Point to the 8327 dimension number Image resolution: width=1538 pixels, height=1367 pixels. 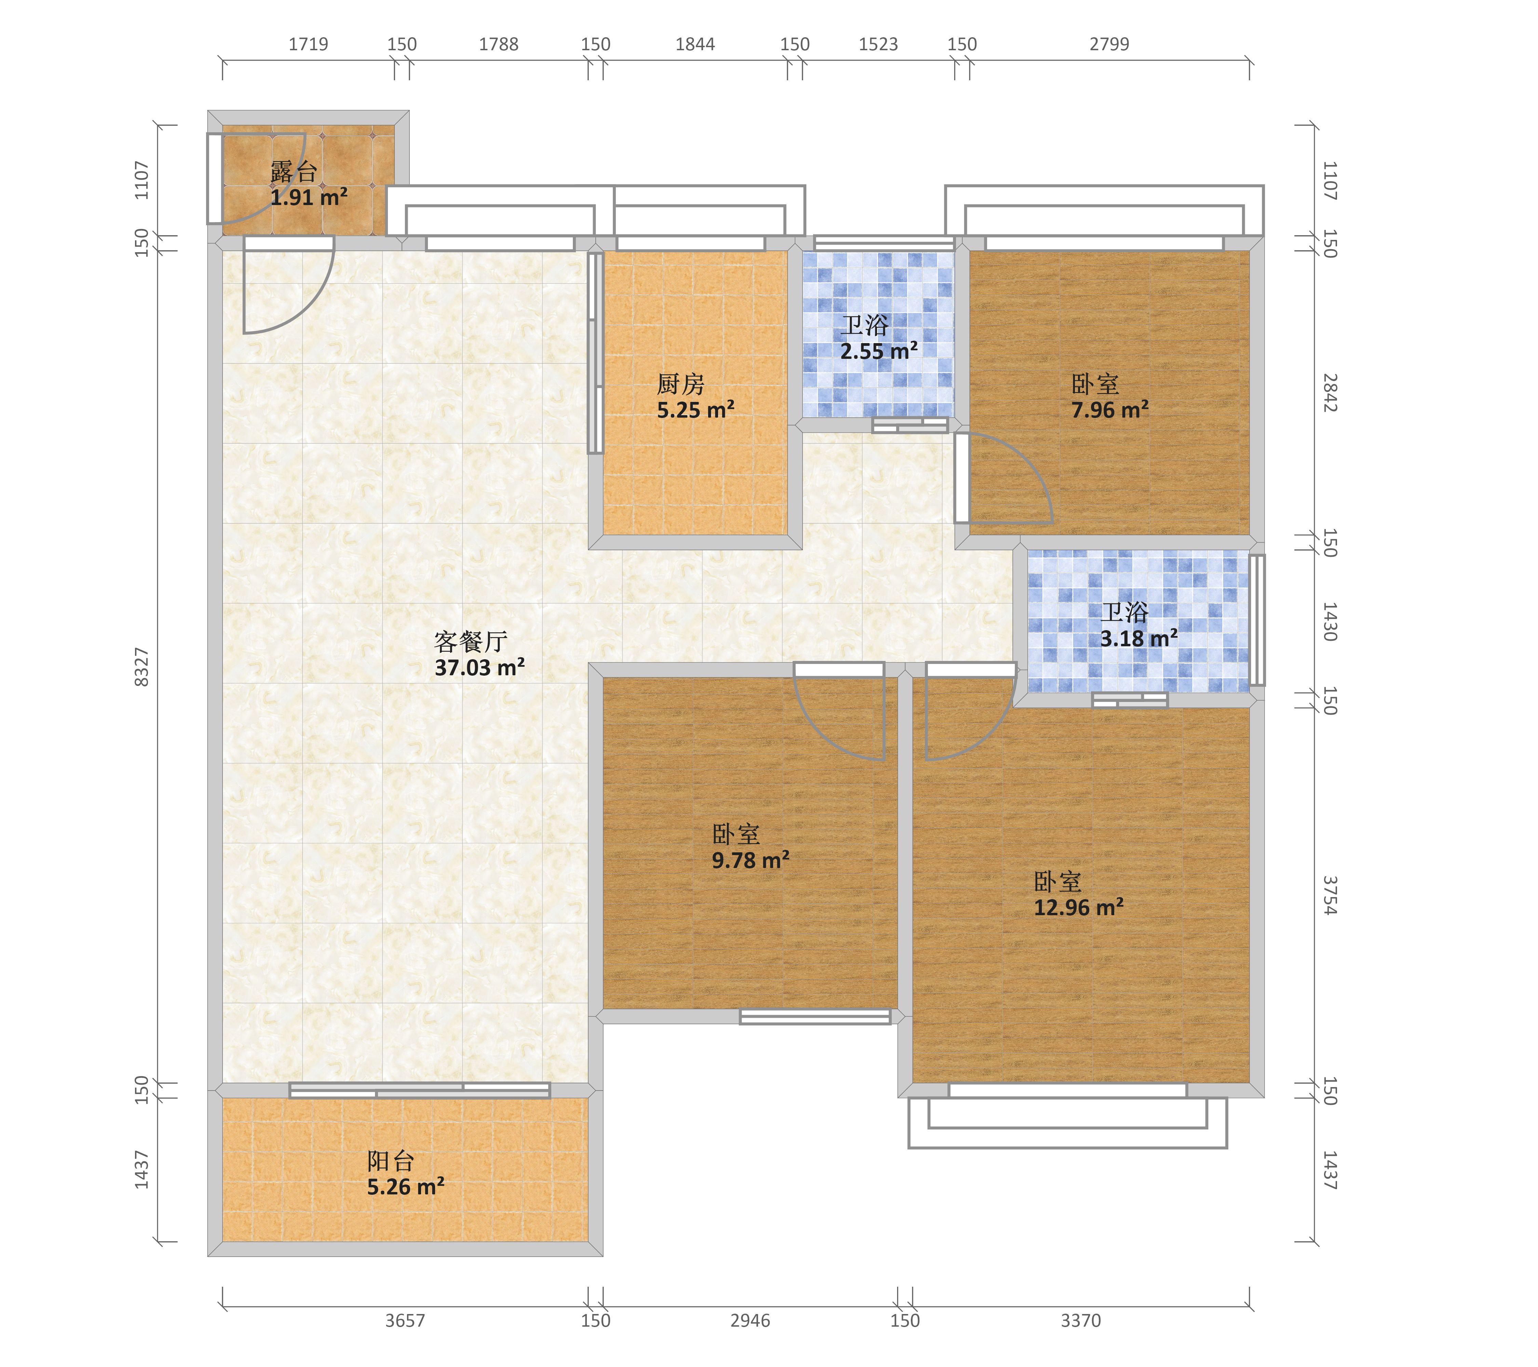(x=141, y=666)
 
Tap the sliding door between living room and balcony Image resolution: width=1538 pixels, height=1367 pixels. (x=420, y=1090)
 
